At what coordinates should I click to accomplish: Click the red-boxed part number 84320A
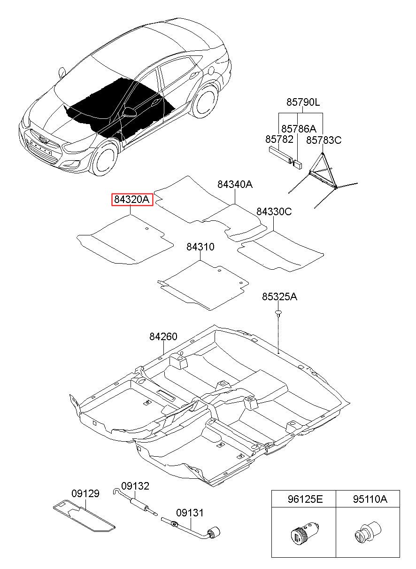(x=132, y=199)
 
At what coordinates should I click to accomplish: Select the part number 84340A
(x=235, y=184)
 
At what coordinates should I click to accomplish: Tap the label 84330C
(x=274, y=211)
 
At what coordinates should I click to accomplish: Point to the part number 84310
(x=200, y=247)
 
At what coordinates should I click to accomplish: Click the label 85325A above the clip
(x=279, y=296)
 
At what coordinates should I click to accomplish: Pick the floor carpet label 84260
(x=163, y=336)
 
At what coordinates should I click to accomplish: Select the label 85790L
(x=303, y=102)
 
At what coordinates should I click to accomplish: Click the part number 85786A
(x=299, y=129)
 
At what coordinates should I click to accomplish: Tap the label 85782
(x=279, y=139)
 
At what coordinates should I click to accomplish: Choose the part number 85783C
(x=324, y=140)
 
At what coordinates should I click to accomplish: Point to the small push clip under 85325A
(x=279, y=313)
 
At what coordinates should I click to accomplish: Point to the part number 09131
(x=190, y=513)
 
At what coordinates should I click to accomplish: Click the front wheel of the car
(x=105, y=159)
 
